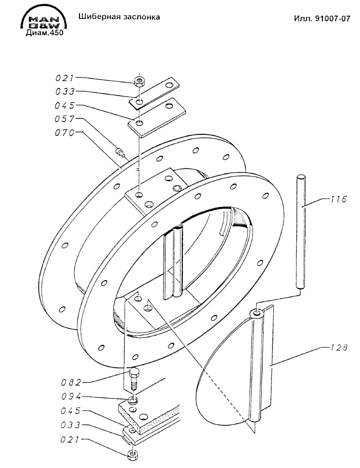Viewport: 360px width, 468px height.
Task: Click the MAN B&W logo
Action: tap(44, 20)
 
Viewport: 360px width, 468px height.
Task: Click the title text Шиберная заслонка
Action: tap(119, 17)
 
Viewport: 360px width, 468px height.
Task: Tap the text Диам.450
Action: tap(45, 33)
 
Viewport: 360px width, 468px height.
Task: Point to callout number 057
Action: tap(64, 119)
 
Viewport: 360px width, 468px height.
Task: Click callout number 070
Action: tap(65, 132)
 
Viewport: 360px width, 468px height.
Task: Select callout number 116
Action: tap(339, 199)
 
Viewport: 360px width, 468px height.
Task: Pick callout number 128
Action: tap(339, 348)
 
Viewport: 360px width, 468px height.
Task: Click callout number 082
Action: tap(71, 382)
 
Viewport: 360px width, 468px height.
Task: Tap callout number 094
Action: tap(71, 397)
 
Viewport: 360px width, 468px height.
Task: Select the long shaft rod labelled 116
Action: tap(300, 232)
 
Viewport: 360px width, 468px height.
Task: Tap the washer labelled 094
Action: tap(133, 400)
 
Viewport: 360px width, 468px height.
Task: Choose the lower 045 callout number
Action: tap(71, 411)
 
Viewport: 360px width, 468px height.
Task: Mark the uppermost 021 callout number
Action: tap(64, 78)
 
